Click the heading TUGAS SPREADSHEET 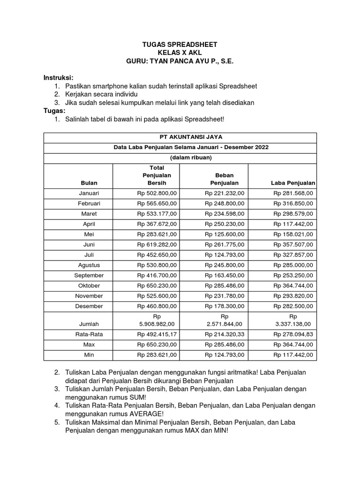point(180,45)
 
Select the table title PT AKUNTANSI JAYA point(180,137)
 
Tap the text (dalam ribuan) point(180,157)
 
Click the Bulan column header point(89,183)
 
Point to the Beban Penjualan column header point(224,179)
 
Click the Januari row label point(89,193)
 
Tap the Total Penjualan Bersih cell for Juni point(157,245)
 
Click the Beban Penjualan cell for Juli point(224,255)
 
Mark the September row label point(89,276)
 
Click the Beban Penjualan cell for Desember point(224,307)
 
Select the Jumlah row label point(89,323)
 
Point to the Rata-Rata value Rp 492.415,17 point(157,335)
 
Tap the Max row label point(89,345)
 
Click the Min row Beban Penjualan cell point(224,355)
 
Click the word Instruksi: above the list point(59,77)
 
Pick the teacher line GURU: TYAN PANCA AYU point(180,61)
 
